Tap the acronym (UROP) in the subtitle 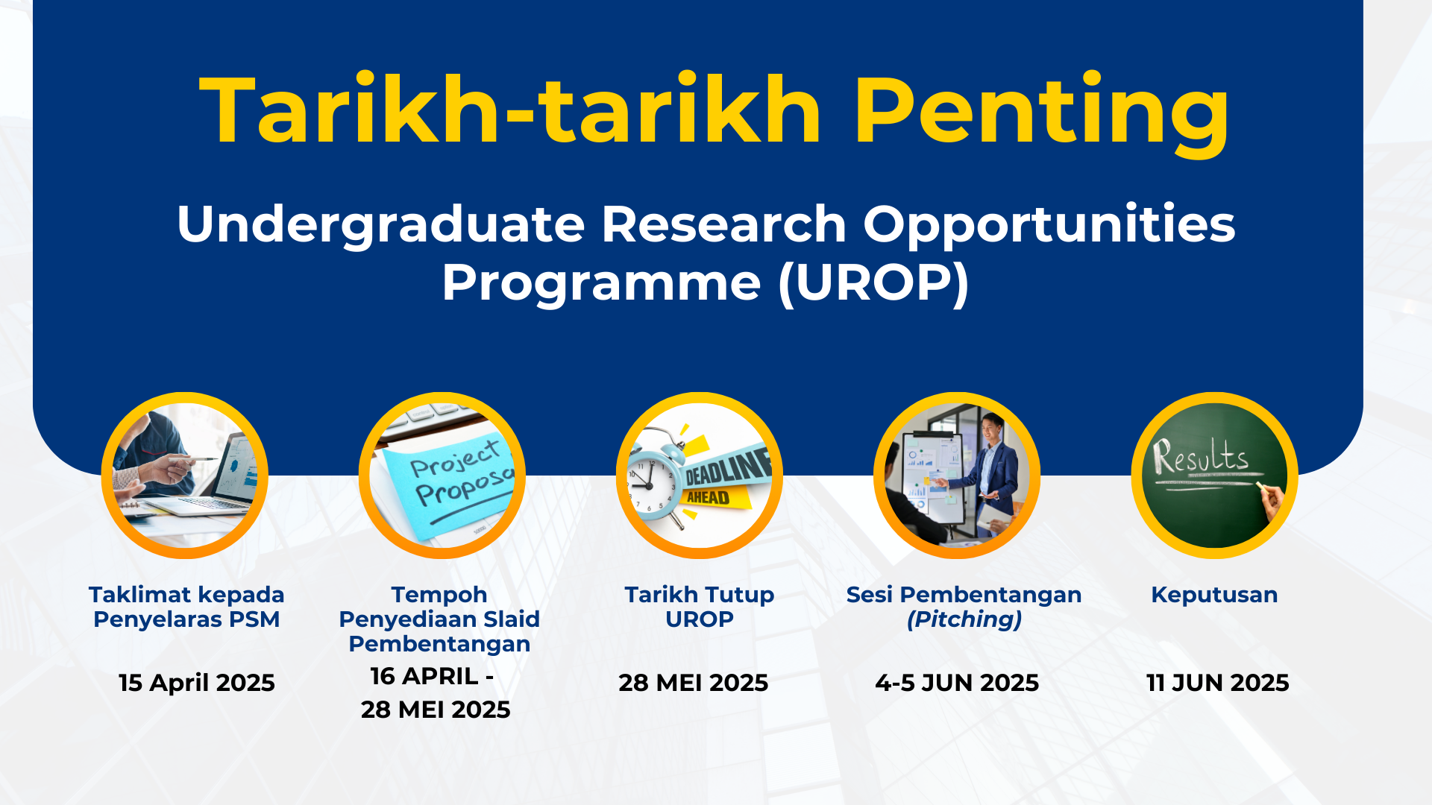pos(873,283)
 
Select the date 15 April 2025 pos(197,683)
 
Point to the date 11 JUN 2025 pos(1217,683)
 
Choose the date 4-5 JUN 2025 pos(957,683)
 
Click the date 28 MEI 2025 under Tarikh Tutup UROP pos(694,683)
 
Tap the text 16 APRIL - pos(432,676)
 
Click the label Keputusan pos(1214,595)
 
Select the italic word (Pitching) pos(964,619)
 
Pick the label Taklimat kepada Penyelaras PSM pos(186,607)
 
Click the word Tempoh pos(439,595)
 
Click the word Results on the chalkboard pos(1200,456)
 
